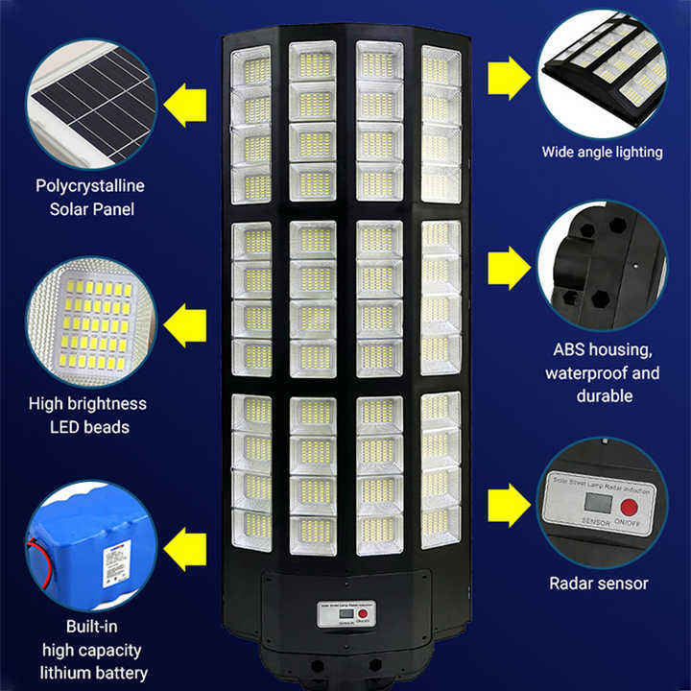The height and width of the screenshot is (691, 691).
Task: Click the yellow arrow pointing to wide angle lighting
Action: click(x=510, y=77)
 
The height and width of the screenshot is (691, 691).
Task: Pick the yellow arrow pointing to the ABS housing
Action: click(x=510, y=268)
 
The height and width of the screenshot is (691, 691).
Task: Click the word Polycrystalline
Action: click(x=92, y=186)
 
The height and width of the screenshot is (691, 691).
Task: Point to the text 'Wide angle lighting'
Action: click(x=602, y=152)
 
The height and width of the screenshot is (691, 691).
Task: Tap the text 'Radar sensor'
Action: click(x=599, y=583)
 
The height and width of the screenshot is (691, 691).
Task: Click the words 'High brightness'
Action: click(x=87, y=404)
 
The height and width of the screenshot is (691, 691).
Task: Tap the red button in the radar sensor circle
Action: click(x=630, y=506)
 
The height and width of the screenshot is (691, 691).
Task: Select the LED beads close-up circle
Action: click(x=90, y=322)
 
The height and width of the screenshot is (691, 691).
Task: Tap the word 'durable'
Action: click(x=602, y=395)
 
